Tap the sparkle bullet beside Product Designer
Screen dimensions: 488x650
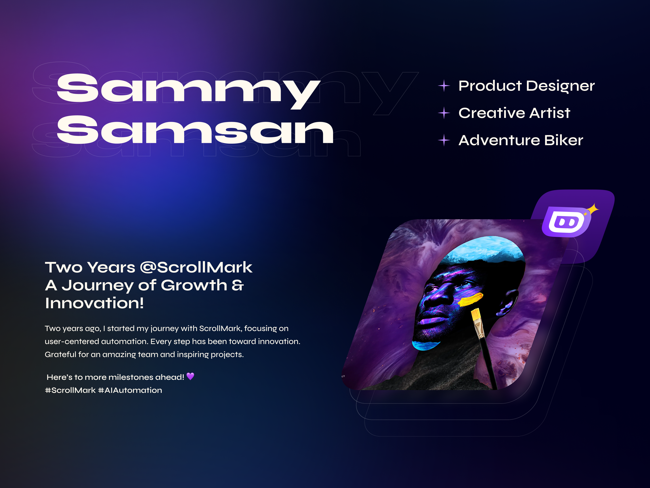pos(444,86)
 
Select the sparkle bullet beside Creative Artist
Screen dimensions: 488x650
pos(444,113)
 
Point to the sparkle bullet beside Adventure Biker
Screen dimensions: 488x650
pos(444,140)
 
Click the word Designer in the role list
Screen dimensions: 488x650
pos(560,86)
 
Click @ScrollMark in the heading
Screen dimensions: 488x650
pos(196,267)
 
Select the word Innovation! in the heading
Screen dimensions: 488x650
pos(94,303)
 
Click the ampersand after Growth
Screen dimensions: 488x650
pos(238,285)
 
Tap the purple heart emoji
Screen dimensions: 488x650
pos(190,377)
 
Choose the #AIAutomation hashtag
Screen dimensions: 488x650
pos(130,390)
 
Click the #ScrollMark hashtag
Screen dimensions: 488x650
pos(70,390)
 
